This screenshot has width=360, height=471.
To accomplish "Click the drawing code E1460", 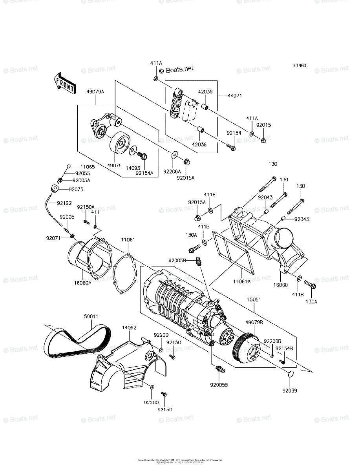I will (x=299, y=66).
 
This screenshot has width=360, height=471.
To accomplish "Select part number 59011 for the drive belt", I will (x=91, y=316).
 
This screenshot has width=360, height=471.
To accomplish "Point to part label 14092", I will (x=129, y=327).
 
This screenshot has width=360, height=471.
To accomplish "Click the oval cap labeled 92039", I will (x=290, y=374).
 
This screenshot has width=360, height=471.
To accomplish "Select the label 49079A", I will (x=95, y=92).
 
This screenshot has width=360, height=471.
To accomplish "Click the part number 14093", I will (x=133, y=168).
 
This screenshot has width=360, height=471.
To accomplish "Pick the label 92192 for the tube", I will (x=64, y=203).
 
